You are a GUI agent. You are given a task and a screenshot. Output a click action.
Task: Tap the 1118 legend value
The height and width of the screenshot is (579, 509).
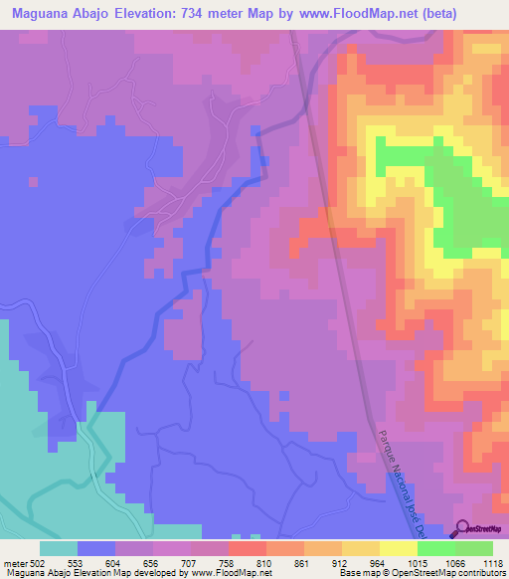[491, 563]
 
